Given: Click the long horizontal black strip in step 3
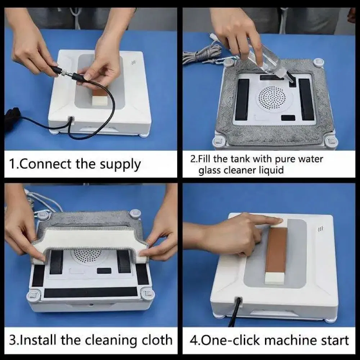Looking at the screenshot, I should click(90, 292).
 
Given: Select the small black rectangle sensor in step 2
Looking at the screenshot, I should click(288, 118).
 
